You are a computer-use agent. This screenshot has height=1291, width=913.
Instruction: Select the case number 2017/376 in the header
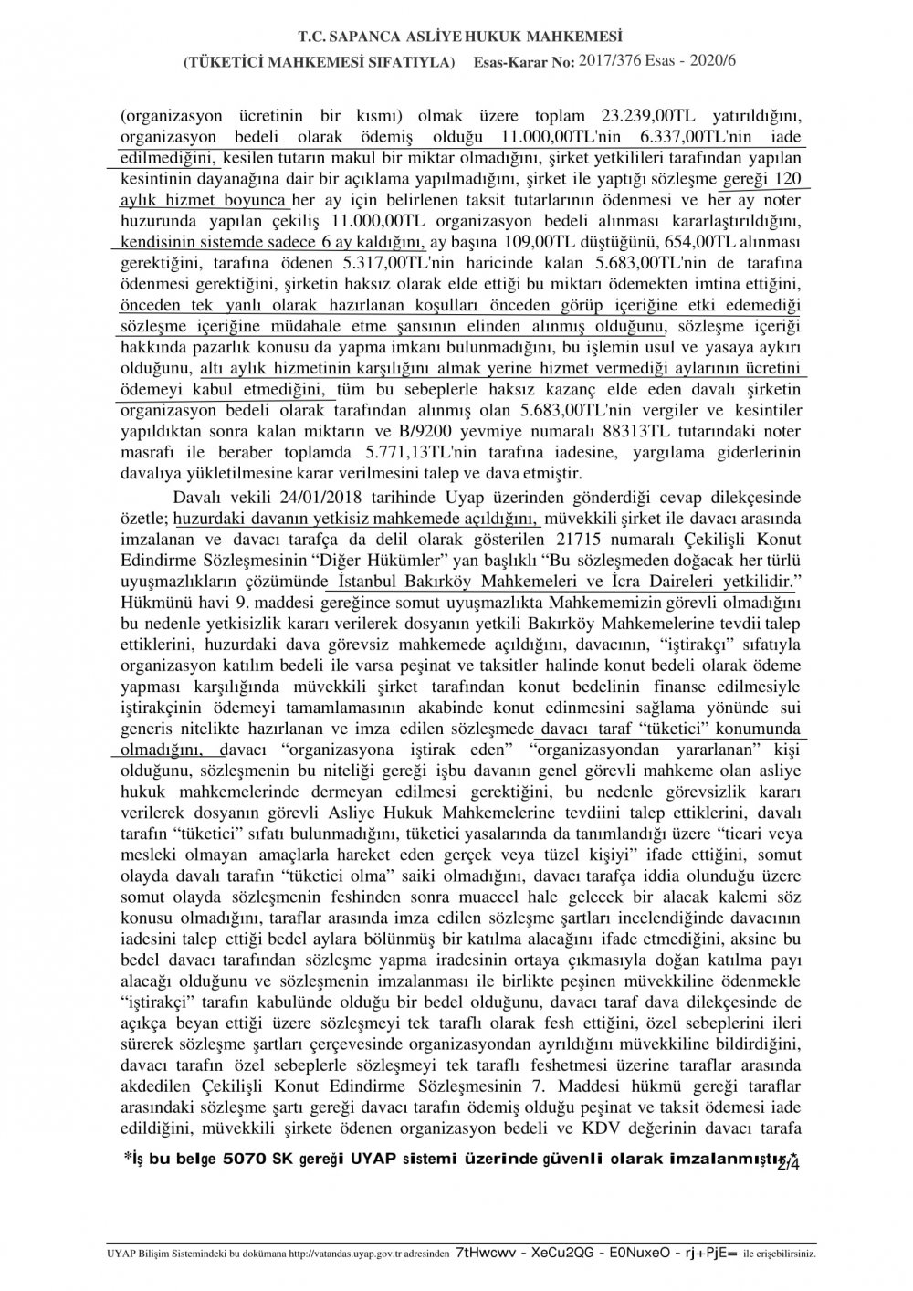pos(618,61)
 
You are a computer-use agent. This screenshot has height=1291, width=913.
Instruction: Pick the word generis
pos(146,729)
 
